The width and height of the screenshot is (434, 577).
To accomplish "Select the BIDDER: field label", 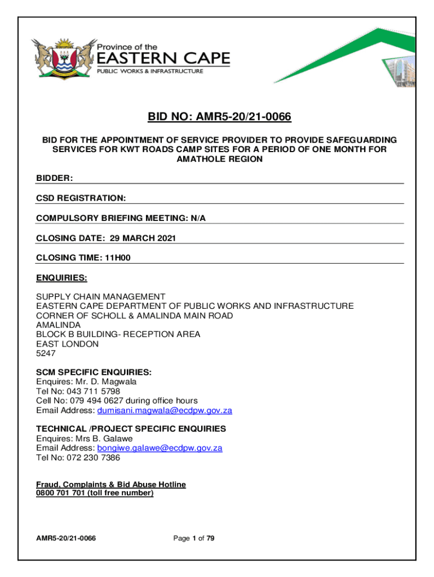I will pyautogui.click(x=55, y=178).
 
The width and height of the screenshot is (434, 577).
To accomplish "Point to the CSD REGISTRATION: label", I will pyautogui.click(x=81, y=198).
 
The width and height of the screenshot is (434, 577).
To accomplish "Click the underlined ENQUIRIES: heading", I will pyautogui.click(x=61, y=278).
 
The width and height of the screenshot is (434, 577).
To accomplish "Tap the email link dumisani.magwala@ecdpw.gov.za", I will pyautogui.click(x=165, y=410).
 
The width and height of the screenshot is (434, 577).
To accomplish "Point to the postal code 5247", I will pyautogui.click(x=46, y=353).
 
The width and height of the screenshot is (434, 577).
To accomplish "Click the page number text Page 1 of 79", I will pyautogui.click(x=194, y=539).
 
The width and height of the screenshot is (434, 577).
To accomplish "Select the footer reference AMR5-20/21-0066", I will pyautogui.click(x=66, y=539).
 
